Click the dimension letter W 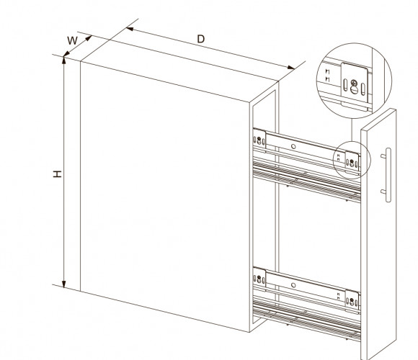(x=72, y=40)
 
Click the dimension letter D (x=201, y=39)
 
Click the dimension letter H (x=58, y=174)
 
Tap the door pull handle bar (x=388, y=175)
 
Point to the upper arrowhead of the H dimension (x=63, y=60)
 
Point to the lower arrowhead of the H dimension (x=63, y=284)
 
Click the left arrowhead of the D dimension (x=130, y=29)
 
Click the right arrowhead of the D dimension (x=291, y=68)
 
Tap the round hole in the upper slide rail (x=293, y=146)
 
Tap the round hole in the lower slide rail (x=293, y=285)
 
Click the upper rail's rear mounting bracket (x=259, y=140)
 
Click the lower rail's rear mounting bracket (x=259, y=279)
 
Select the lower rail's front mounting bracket (x=352, y=301)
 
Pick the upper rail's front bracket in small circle (x=352, y=161)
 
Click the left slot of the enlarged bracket (x=345, y=85)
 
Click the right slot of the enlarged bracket (x=363, y=89)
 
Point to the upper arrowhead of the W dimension (x=89, y=38)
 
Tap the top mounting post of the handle (x=383, y=156)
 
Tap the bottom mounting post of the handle (x=383, y=192)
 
